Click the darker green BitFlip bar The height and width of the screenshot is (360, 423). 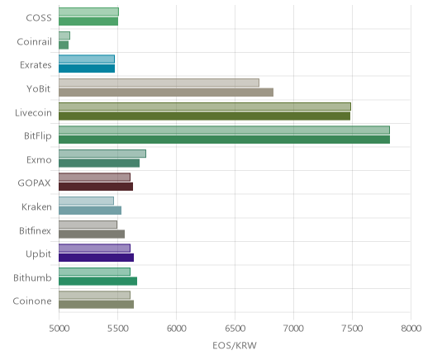coord(224,140)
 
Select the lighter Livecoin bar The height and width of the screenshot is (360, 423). coord(205,107)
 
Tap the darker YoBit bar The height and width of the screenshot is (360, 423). coord(166,92)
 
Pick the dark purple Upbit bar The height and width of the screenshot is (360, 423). coord(96,258)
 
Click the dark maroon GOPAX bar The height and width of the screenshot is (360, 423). coord(96,187)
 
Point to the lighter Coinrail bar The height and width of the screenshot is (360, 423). coord(64,36)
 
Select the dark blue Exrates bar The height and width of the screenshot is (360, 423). coord(87,69)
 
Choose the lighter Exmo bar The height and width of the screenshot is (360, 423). coord(102,154)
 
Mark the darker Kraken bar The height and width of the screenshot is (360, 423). coord(90,211)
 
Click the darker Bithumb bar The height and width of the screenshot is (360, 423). coord(97,282)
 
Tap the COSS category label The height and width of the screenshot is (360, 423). coord(39,18)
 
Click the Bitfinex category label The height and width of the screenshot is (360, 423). coord(35,230)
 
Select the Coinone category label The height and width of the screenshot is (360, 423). coord(32,301)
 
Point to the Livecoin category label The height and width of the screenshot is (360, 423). coord(33,112)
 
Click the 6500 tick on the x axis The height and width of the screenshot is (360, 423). coord(235,329)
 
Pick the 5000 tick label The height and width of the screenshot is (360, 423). coord(59,329)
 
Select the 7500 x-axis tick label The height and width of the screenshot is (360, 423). coord(352,329)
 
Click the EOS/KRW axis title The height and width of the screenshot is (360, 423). coord(235,345)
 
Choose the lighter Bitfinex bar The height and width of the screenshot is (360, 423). coord(88,225)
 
